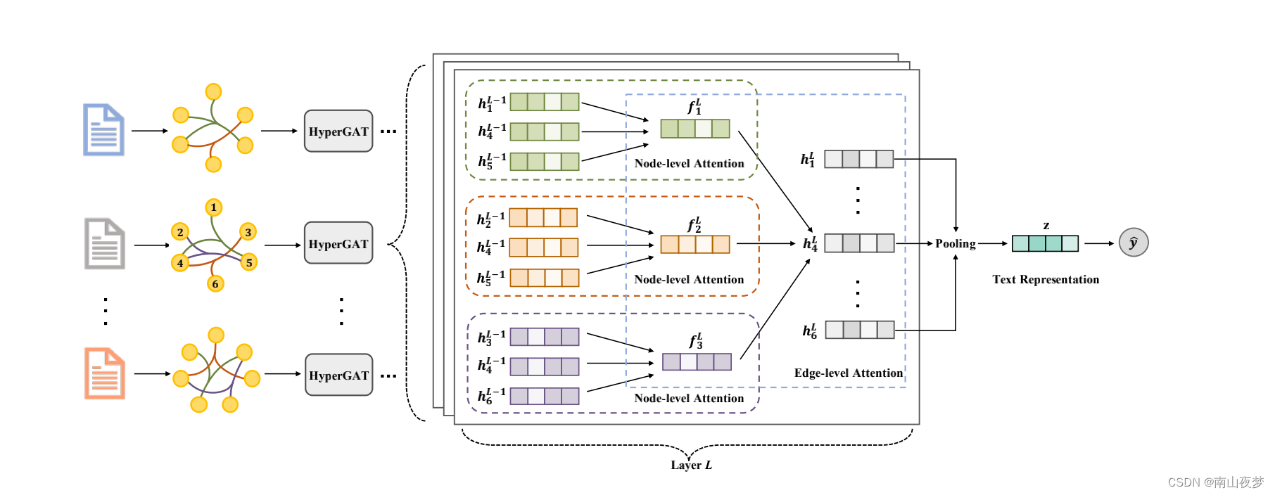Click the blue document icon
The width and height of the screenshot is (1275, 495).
(104, 130)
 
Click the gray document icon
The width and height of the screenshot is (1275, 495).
(105, 244)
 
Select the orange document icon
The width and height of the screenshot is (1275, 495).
(105, 373)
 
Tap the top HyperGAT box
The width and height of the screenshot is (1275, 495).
(338, 131)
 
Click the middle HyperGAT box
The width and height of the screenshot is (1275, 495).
(338, 243)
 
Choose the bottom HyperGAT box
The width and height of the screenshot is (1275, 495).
(338, 375)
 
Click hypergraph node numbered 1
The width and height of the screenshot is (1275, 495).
(214, 207)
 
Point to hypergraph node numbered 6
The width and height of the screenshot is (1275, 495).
(215, 284)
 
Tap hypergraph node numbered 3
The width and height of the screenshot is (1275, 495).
(248, 232)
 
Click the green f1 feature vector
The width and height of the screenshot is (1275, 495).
(695, 129)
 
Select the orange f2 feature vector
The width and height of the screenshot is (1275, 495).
(695, 245)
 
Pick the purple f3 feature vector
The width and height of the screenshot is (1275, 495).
(697, 362)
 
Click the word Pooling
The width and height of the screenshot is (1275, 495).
(955, 243)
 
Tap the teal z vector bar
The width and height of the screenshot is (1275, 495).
(1045, 243)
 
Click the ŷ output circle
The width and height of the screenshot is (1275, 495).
(1134, 243)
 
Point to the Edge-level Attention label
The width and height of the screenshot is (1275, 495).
(848, 373)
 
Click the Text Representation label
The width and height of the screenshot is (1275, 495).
(1046, 280)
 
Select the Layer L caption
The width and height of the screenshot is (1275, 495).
(691, 465)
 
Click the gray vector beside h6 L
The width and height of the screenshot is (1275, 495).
(859, 330)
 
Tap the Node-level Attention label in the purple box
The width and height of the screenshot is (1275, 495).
(689, 399)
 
